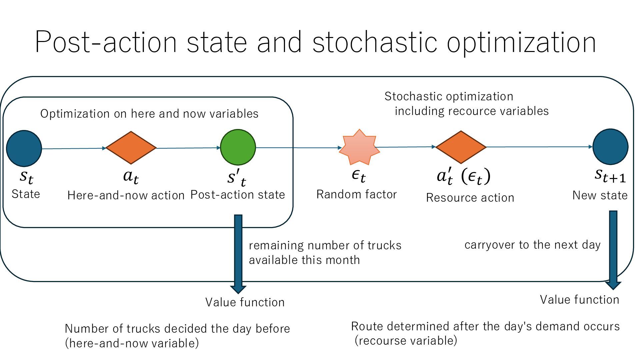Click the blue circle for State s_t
pos(24,148)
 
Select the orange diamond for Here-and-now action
pos(131,148)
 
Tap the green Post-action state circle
pos(238,147)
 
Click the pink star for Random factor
pos(359,147)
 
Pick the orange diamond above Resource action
pos(461,147)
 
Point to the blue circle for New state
pos(610,147)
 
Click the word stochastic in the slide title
pos(374,42)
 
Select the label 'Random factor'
pos(356,194)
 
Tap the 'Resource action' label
pos(470,198)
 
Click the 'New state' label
pos(600,195)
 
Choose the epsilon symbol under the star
pos(358,175)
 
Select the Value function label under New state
pos(579,300)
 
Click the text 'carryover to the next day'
pos(532,245)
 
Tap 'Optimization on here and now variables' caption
pos(149,114)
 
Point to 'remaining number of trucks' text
pos(325,245)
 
